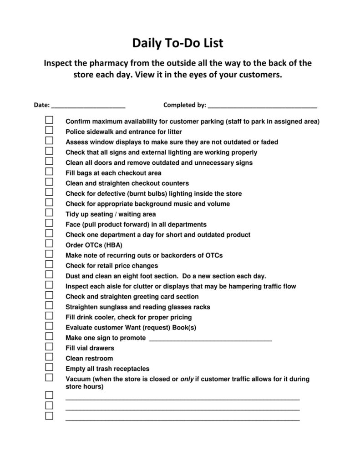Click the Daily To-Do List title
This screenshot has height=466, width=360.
(x=178, y=43)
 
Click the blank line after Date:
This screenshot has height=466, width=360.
(x=89, y=106)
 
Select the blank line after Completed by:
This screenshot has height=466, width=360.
(x=262, y=106)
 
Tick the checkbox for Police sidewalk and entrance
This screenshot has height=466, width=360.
(x=49, y=131)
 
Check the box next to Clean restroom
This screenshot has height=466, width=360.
(x=49, y=357)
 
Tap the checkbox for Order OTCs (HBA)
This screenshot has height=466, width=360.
(x=49, y=244)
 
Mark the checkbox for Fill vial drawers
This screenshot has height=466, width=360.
(x=49, y=347)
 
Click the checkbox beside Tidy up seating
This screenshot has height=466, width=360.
(x=49, y=213)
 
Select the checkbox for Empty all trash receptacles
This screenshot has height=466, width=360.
(x=49, y=367)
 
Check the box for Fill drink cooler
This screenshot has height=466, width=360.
(x=49, y=316)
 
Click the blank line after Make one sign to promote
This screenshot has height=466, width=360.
(x=210, y=338)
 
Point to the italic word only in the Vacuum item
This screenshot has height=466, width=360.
(x=187, y=379)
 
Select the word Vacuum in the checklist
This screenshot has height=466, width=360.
(x=78, y=379)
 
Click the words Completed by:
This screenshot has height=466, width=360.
(x=184, y=105)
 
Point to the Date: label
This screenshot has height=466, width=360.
(x=42, y=105)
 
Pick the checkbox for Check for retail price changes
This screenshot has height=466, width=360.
(x=49, y=264)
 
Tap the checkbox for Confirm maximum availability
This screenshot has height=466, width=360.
(x=49, y=120)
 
